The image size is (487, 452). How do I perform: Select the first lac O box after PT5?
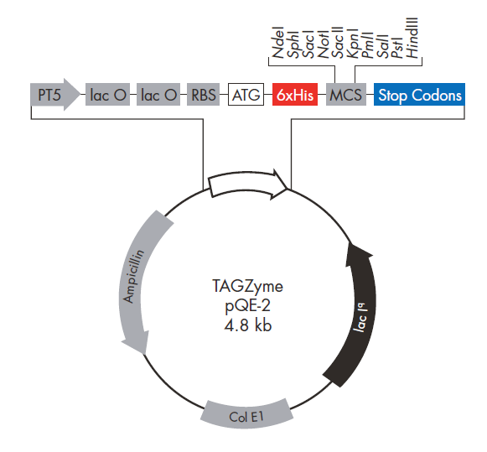tap(109, 96)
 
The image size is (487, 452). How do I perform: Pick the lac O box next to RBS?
tap(159, 96)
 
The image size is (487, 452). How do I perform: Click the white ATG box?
tap(246, 96)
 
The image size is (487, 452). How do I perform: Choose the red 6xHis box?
tap(295, 96)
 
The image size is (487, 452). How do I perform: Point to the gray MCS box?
tap(346, 96)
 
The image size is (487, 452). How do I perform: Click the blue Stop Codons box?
tap(419, 96)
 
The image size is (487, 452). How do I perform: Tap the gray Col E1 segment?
tap(248, 413)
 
